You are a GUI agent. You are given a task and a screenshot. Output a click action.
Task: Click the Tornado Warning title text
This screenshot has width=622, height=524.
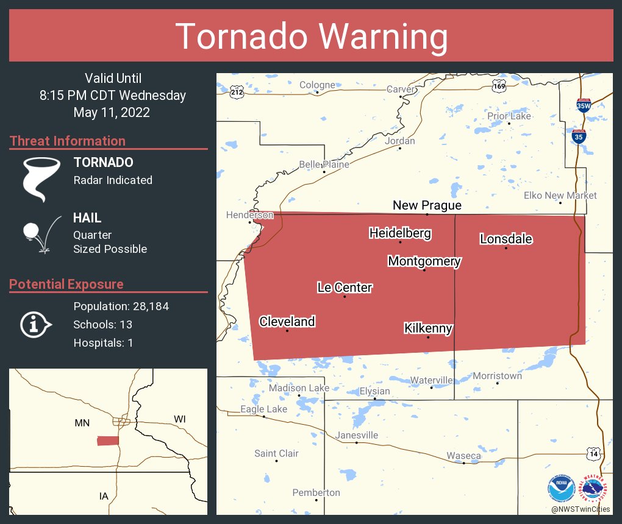311,37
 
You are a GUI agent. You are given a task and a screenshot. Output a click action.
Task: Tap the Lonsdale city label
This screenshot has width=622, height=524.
506,239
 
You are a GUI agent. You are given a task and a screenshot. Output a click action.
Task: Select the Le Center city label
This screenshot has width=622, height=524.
345,288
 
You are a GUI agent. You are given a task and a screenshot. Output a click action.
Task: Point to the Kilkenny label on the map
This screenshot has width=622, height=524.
428,328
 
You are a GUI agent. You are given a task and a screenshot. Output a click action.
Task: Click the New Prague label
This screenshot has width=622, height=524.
427,205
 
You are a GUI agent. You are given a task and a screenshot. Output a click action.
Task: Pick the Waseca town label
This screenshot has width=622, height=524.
463,456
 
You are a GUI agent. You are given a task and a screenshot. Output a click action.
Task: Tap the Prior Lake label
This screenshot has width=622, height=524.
509,116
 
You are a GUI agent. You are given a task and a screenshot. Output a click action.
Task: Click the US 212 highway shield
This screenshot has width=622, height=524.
237,93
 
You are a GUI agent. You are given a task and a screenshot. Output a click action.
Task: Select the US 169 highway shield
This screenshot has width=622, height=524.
499,87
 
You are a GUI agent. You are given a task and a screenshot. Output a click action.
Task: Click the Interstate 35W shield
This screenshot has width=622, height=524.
584,105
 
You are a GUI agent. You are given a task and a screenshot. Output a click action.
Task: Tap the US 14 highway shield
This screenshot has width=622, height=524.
594,453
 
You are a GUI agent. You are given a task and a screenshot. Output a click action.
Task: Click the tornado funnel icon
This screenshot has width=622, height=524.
41,179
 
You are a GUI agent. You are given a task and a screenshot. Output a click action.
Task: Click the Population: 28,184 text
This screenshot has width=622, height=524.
121,306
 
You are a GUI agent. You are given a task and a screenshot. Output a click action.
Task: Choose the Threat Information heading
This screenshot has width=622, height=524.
68,141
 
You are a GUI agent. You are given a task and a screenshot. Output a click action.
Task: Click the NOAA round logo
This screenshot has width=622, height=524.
561,489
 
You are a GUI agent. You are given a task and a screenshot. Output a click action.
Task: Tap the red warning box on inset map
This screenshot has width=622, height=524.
108,441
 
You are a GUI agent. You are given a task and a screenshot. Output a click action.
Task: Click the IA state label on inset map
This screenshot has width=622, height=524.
104,496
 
